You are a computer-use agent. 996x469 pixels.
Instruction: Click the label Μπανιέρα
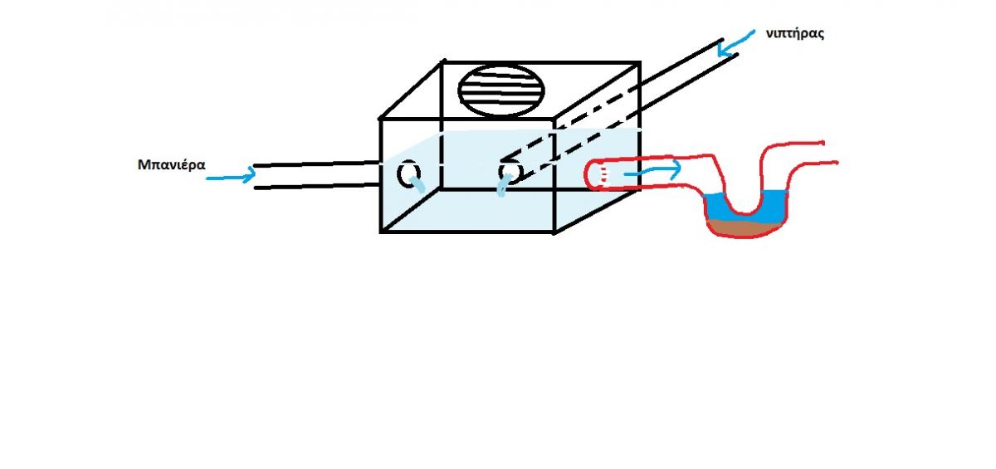click(171, 165)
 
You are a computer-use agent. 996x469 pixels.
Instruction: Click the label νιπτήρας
click(795, 34)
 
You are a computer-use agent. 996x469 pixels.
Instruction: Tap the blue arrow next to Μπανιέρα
click(231, 175)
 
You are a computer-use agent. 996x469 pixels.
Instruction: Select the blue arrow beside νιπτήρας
click(735, 44)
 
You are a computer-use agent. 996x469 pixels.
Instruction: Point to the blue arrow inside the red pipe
click(652, 170)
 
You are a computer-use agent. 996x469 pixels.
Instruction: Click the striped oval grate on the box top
click(501, 90)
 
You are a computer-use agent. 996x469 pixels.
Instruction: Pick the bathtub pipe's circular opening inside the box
click(408, 173)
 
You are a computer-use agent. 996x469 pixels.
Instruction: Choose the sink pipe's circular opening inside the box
click(510, 173)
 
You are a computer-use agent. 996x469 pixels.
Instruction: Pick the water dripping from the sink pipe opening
click(503, 186)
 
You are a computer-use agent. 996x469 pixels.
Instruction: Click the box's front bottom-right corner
click(554, 232)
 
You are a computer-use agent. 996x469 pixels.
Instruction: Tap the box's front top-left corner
click(381, 120)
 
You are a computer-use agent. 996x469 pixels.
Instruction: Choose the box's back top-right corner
click(639, 64)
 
